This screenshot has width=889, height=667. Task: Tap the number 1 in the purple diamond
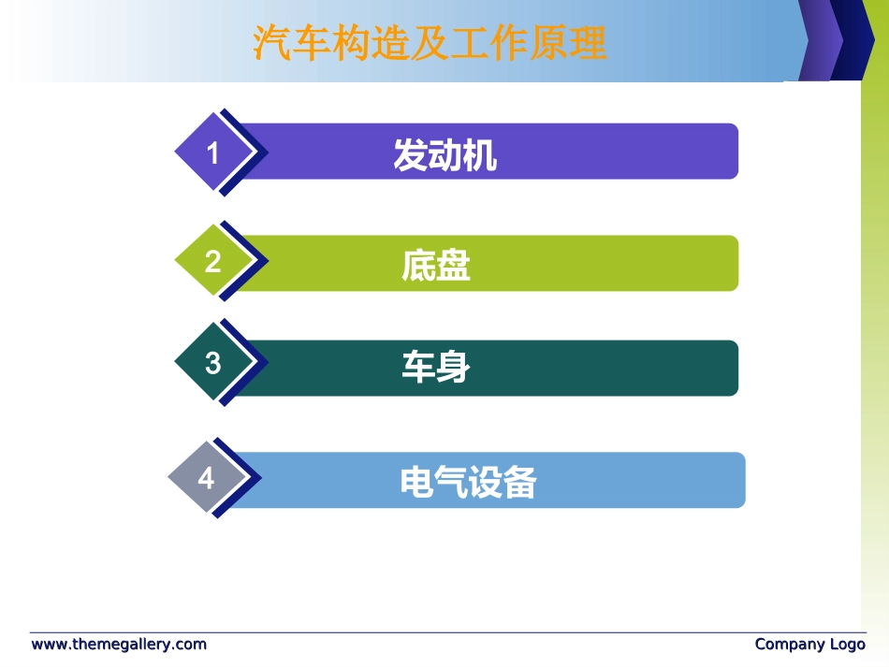tap(212, 152)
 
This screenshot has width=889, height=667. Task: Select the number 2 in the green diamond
tap(212, 261)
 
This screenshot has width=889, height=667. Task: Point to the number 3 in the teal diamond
tap(212, 363)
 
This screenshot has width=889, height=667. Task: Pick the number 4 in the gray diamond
tap(206, 479)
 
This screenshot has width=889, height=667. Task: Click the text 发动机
tap(444, 155)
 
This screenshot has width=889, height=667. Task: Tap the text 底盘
tap(435, 266)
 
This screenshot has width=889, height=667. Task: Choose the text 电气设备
tap(468, 483)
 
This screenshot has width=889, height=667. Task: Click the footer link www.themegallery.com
tap(119, 645)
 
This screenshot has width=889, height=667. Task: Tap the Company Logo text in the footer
tap(809, 645)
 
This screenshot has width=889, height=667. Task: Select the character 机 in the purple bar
tap(480, 155)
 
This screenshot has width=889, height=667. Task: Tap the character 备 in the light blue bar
tap(519, 483)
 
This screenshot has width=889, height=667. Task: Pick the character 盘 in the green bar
tap(453, 266)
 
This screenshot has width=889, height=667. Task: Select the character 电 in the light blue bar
tap(416, 483)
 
